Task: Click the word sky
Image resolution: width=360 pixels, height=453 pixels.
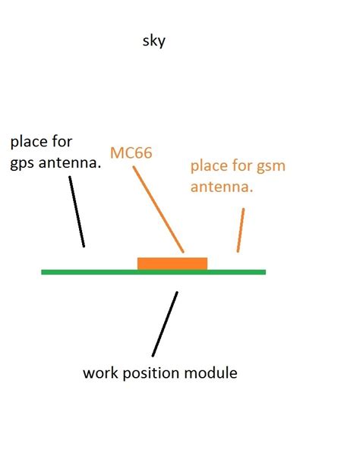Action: (153, 42)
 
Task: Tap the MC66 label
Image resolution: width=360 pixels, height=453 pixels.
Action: (131, 153)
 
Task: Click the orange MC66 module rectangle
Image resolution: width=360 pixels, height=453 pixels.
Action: (172, 263)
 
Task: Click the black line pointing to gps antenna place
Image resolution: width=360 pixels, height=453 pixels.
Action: (77, 212)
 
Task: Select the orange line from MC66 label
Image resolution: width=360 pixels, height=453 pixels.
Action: (159, 209)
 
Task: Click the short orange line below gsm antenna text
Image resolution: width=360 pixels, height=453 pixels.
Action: (242, 229)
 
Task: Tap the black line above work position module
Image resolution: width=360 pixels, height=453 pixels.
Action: (165, 324)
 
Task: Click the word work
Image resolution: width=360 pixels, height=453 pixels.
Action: (100, 373)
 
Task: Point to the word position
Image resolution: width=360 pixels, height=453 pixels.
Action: (153, 373)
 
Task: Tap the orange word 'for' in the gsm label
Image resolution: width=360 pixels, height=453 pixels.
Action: (242, 166)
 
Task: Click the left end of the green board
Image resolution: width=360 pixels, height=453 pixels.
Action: (44, 272)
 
